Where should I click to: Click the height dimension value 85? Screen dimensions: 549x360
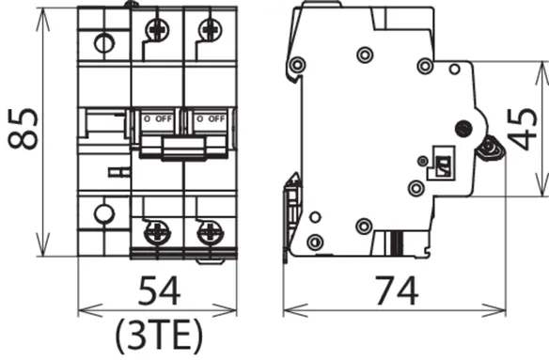point(24,129)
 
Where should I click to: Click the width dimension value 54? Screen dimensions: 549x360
point(159,291)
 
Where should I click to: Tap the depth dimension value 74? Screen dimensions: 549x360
point(397,291)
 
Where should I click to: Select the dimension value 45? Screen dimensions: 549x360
point(522,129)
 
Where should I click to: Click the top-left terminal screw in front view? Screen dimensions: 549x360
point(158,29)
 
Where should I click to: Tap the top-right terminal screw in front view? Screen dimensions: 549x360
point(210,29)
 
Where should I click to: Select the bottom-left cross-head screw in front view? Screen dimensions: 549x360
point(157,232)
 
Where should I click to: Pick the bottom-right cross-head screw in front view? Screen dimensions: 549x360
point(210,232)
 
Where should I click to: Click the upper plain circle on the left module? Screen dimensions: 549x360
point(104,44)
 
